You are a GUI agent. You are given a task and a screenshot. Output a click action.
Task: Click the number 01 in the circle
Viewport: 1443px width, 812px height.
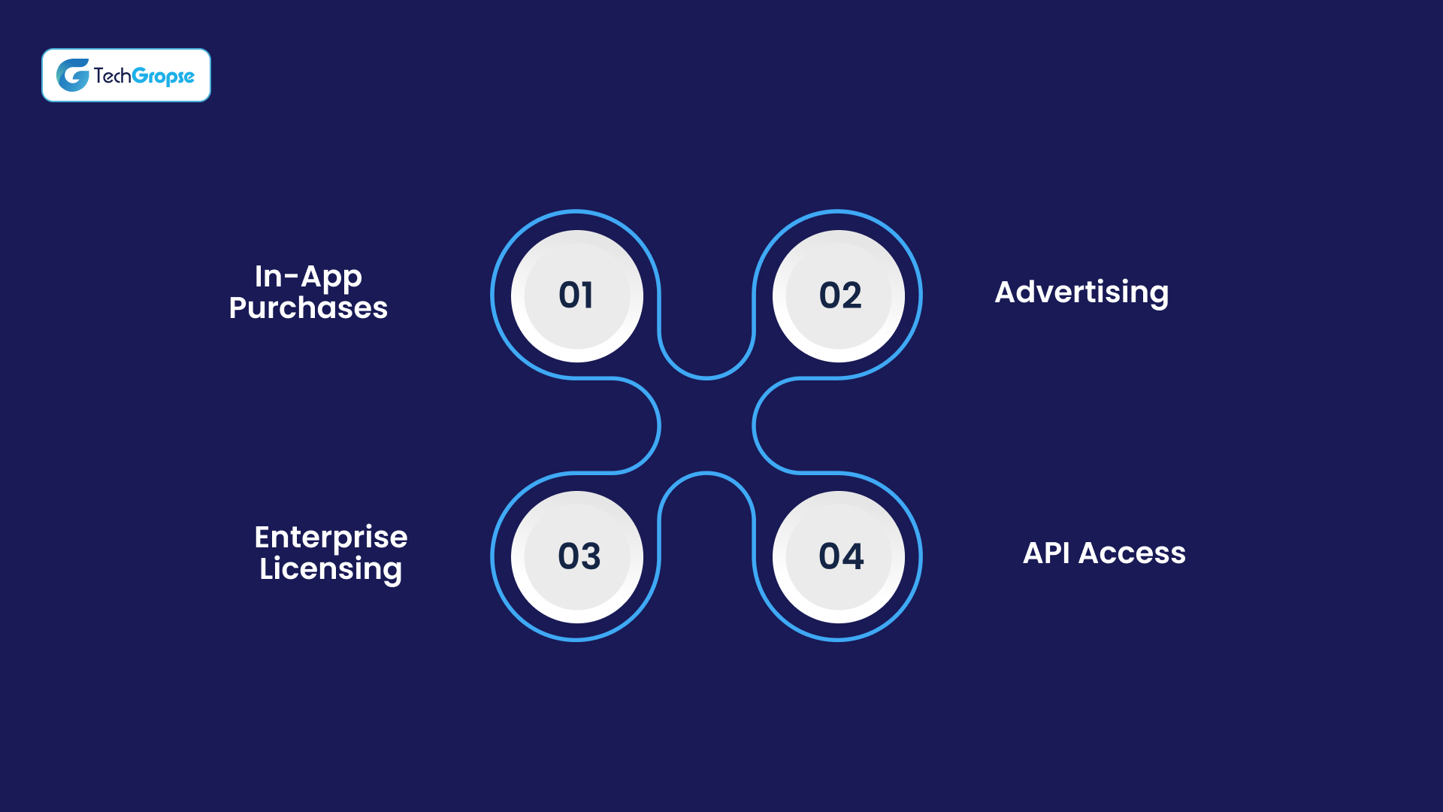pyautogui.click(x=576, y=295)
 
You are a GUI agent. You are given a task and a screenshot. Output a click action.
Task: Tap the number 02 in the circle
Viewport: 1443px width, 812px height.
pyautogui.click(x=839, y=295)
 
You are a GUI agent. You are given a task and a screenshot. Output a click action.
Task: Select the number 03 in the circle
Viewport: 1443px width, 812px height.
pyautogui.click(x=579, y=556)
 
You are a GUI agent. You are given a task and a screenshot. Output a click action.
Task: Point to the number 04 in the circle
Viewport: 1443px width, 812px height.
pyautogui.click(x=840, y=556)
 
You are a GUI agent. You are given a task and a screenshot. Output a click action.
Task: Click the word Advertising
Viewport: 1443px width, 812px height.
pyautogui.click(x=1081, y=292)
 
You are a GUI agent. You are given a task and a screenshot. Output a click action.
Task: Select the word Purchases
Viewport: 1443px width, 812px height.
pyautogui.click(x=308, y=308)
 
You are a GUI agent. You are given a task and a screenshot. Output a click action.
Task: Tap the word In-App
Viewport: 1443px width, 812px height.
pyautogui.click(x=308, y=276)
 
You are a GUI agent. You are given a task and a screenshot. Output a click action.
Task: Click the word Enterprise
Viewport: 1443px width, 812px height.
pyautogui.click(x=331, y=537)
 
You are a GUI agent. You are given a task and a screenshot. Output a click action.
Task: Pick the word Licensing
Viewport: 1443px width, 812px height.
pyautogui.click(x=331, y=569)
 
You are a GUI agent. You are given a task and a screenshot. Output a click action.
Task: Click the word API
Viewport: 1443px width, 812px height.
pyautogui.click(x=1046, y=553)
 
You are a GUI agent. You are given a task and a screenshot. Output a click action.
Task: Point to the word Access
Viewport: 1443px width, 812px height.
pyautogui.click(x=1132, y=553)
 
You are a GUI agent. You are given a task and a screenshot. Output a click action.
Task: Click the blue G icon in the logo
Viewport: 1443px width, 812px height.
pyautogui.click(x=73, y=75)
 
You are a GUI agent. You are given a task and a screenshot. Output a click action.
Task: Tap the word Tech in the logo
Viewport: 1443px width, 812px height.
pyautogui.click(x=112, y=75)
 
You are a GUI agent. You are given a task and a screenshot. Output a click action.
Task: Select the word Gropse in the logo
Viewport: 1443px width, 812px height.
pyautogui.click(x=163, y=76)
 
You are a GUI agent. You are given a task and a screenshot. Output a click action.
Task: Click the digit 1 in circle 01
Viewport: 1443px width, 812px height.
pyautogui.click(x=588, y=295)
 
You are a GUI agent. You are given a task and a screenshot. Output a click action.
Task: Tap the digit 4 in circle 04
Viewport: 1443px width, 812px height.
pyautogui.click(x=852, y=556)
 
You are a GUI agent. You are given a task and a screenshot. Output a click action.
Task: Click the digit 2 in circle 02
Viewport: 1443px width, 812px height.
pyautogui.click(x=852, y=295)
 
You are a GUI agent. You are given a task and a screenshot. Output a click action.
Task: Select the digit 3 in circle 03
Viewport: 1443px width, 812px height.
pyautogui.click(x=590, y=556)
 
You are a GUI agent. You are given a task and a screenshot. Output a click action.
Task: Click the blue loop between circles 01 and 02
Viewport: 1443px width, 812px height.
pyautogui.click(x=706, y=377)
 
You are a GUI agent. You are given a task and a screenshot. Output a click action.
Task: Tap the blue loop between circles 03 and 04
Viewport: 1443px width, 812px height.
pyautogui.click(x=706, y=474)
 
